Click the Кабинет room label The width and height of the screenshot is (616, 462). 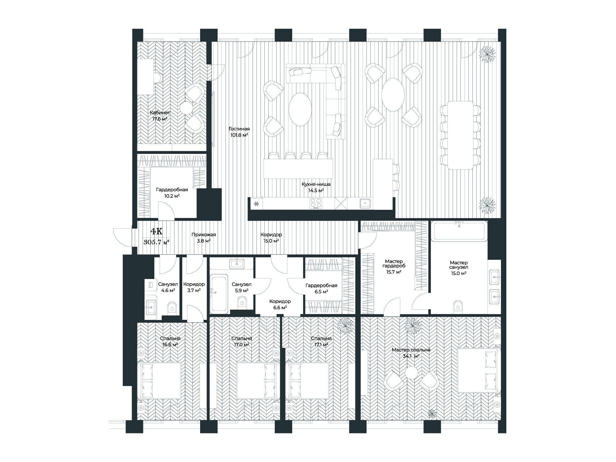[x=160, y=113]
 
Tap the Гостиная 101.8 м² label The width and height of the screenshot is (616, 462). [x=239, y=132]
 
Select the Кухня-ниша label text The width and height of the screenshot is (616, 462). [x=316, y=184]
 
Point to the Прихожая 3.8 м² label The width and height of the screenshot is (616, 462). [x=204, y=238]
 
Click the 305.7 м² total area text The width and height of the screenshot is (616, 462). [x=156, y=242]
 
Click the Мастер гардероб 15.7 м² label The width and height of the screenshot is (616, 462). [x=394, y=267]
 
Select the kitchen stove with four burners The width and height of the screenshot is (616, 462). [x=316, y=203]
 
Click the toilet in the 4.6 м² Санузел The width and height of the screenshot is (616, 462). [x=172, y=308]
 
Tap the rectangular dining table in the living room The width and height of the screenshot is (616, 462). [x=460, y=135]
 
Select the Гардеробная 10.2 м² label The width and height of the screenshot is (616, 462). [x=172, y=192]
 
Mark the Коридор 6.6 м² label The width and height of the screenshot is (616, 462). [x=280, y=304]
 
